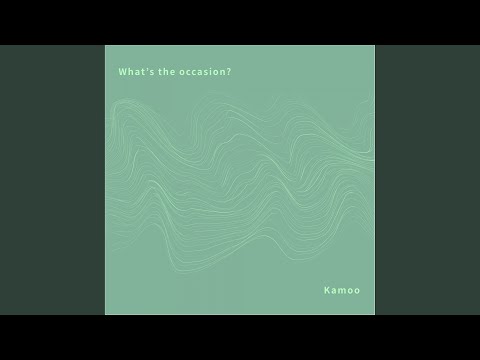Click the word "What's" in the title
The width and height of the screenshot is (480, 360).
132,72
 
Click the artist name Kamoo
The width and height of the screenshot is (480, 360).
341,291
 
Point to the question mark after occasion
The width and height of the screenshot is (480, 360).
229,72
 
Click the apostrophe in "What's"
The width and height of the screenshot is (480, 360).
143,70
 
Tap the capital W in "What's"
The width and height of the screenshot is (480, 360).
122,72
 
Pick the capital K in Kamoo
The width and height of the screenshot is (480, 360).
326,291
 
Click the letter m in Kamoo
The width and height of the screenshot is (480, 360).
341,291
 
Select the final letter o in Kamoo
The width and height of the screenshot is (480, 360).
357,291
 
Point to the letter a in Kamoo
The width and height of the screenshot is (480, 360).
333,291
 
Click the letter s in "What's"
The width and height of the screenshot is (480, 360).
147,72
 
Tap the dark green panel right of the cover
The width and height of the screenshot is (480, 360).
427,180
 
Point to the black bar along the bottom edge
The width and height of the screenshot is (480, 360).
240,337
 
